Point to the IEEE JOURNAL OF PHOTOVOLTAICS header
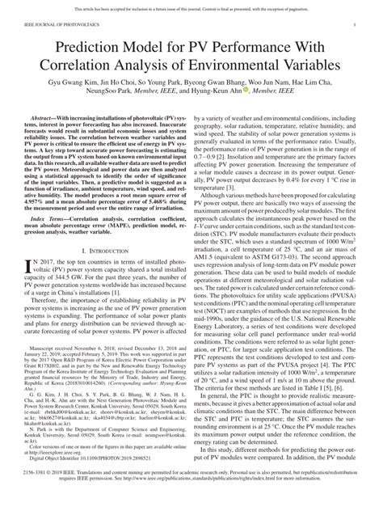coord(58,26)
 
